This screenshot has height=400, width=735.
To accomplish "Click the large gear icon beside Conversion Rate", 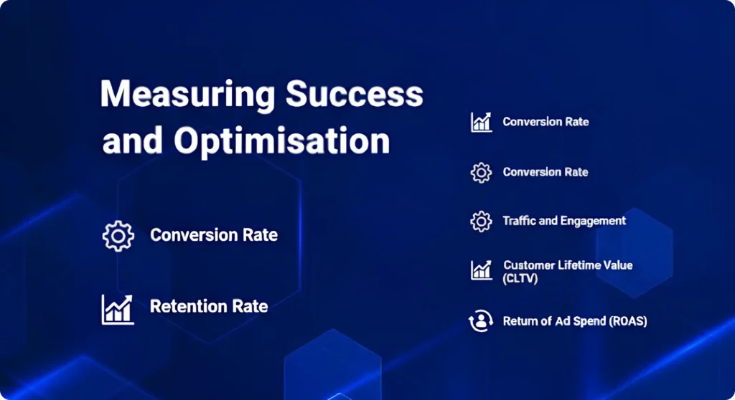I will click(118, 236).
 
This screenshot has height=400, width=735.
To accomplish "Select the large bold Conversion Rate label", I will click(214, 235).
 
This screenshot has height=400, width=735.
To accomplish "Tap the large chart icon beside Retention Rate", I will click(118, 308).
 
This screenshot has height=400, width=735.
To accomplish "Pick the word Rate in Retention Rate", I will click(250, 307).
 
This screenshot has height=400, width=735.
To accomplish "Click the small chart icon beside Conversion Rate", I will click(481, 122).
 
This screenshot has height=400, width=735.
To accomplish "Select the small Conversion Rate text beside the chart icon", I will click(546, 122).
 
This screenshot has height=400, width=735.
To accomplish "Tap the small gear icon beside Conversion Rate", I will click(481, 173).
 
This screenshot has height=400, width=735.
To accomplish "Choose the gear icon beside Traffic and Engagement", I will click(481, 222).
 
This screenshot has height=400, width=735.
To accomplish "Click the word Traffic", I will click(520, 221).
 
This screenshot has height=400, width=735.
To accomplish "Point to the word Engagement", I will click(594, 221).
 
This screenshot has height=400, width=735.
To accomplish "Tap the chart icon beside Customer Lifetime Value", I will click(481, 270).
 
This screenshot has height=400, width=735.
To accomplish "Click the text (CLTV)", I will click(520, 278).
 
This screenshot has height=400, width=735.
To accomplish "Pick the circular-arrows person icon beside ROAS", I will click(481, 322).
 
